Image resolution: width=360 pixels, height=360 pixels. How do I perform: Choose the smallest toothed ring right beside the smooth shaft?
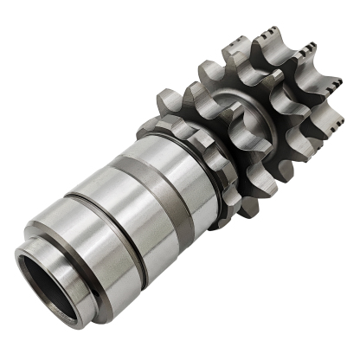point(194,143)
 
